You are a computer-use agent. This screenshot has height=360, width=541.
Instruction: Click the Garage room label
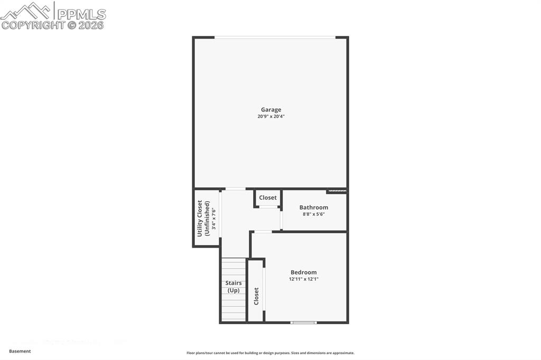point(270,110)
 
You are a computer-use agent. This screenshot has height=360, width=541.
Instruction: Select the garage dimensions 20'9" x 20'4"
point(270,117)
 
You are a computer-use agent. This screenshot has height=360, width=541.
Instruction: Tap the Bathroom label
point(314,207)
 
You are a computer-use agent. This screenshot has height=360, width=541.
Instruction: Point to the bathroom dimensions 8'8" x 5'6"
point(314,214)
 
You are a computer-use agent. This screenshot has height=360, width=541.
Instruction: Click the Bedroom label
point(304,272)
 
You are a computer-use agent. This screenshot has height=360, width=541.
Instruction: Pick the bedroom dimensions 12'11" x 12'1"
point(304,279)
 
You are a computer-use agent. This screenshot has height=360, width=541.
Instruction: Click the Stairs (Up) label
point(234,287)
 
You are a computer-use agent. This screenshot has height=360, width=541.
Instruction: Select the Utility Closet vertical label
point(200,218)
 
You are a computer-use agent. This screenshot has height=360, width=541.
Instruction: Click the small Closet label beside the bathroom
point(268,197)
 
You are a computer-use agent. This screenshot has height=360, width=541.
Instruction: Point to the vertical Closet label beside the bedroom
point(256,296)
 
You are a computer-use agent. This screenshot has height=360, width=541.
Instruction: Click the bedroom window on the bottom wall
point(304,322)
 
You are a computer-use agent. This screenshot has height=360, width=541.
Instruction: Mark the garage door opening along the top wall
point(274,37)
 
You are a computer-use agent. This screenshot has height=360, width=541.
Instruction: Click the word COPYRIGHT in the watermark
point(33,25)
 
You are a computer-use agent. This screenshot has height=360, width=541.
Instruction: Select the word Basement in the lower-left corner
point(20,351)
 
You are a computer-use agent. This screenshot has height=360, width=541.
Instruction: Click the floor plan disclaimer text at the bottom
point(270,353)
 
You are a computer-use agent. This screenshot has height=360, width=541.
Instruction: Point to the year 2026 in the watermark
point(91,25)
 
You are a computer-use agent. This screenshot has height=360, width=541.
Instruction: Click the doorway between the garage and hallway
point(235,189)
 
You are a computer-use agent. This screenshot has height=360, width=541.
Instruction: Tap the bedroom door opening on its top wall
point(263,232)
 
